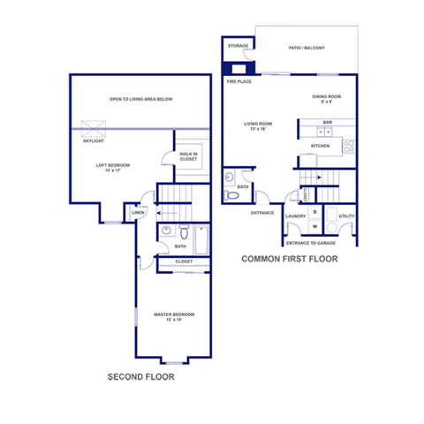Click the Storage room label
(x=238, y=45)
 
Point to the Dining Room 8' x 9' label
(x=326, y=99)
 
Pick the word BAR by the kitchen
(x=327, y=122)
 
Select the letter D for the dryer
(x=315, y=212)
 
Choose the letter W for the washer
(x=315, y=226)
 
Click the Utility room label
(x=346, y=216)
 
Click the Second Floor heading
(x=140, y=377)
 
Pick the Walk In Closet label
(x=188, y=156)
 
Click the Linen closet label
(x=138, y=213)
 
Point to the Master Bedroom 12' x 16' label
(x=173, y=316)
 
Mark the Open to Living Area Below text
(x=140, y=99)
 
